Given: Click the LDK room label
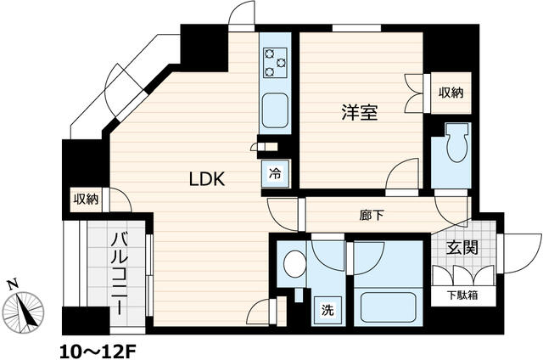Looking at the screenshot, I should coord(205,180).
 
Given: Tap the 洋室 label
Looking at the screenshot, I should coord(360,111).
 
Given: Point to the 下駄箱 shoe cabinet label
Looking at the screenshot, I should coord(462,296).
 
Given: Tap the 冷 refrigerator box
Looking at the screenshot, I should coord(276,173).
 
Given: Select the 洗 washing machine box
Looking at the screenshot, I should coord(327,310).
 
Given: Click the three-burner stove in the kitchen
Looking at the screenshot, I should coord(276,62).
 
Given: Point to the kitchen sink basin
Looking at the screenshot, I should coord(276,110).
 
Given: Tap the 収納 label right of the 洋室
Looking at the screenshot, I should coord(451,92).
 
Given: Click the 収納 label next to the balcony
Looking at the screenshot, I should coord(86,200).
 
